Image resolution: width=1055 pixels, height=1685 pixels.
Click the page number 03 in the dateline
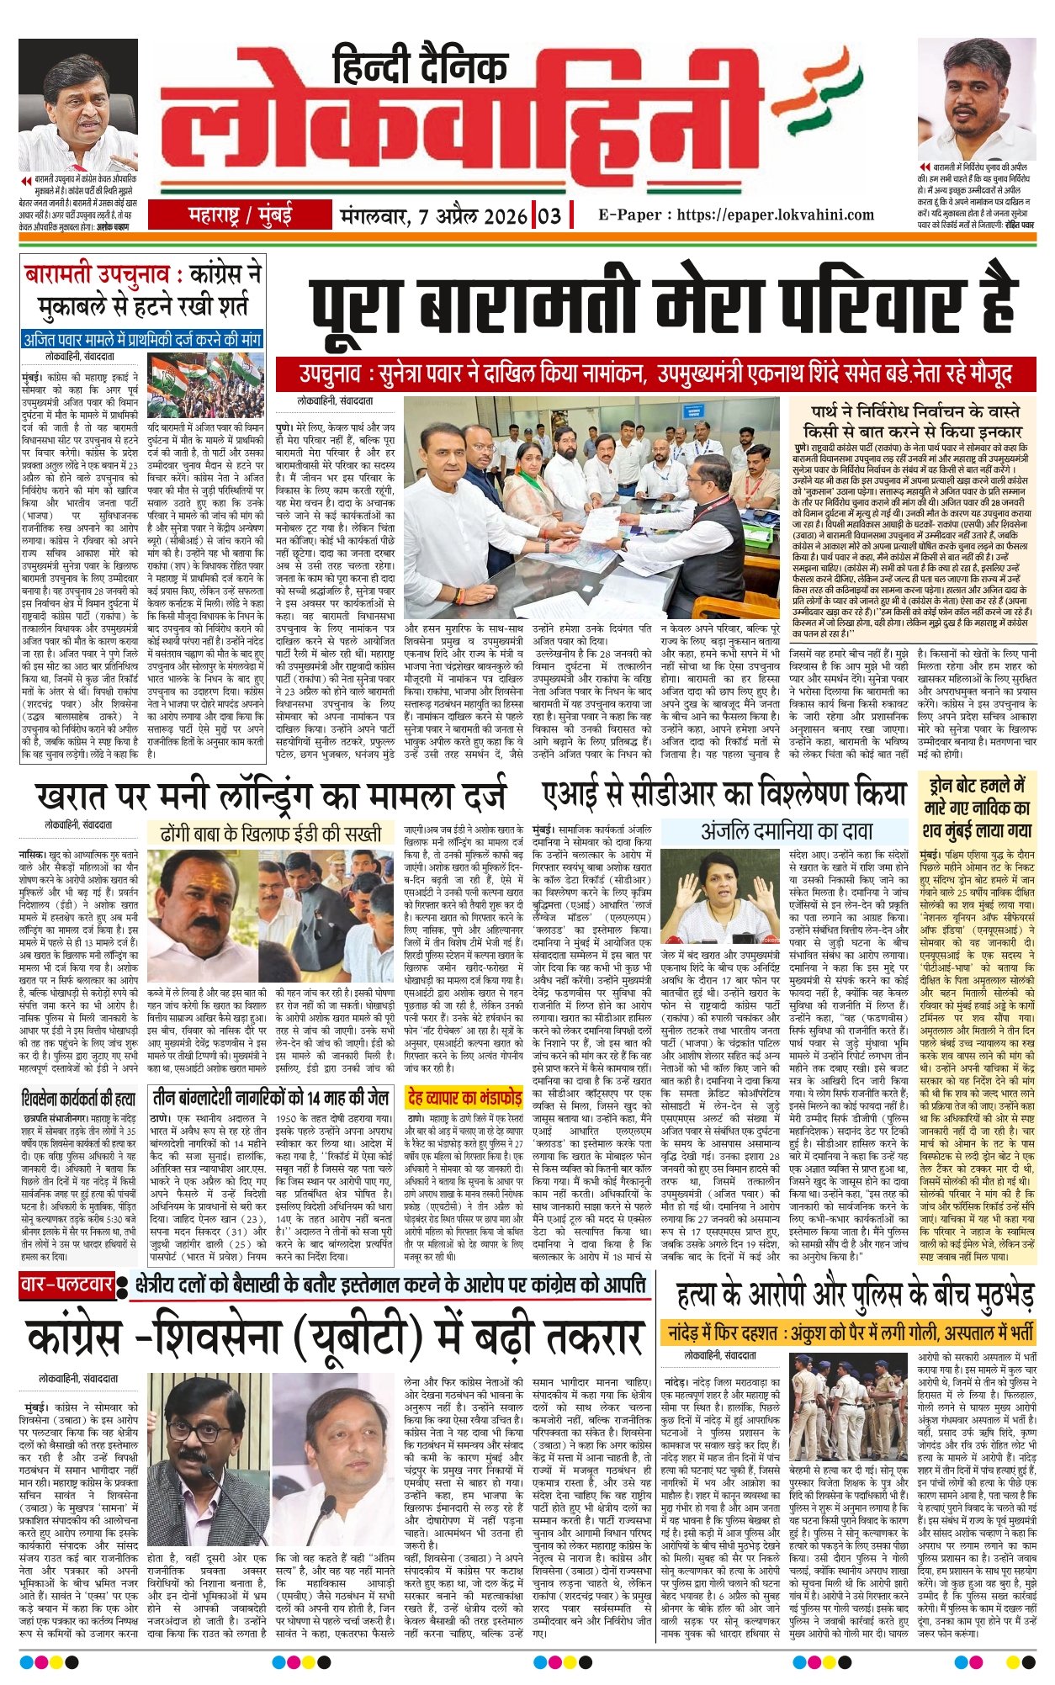tap(549, 215)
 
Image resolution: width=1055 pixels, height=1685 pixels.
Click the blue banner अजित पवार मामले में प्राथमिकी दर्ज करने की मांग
tap(142, 341)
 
